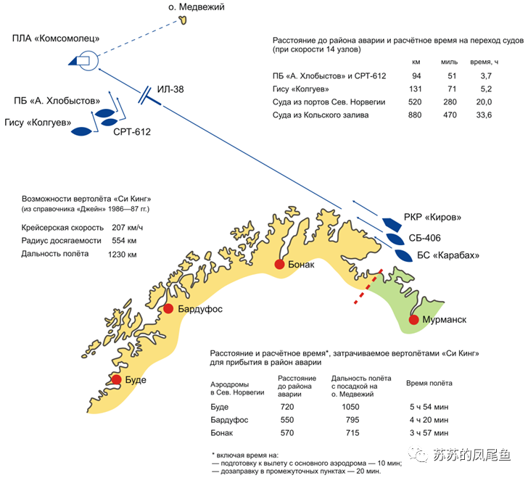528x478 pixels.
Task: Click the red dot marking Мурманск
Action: click(413, 319)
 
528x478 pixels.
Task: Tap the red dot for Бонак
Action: click(279, 264)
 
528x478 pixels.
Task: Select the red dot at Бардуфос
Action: click(168, 308)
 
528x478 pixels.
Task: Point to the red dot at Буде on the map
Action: click(116, 379)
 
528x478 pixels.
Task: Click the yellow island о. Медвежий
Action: click(183, 20)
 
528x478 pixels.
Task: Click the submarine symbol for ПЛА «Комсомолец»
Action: click(84, 61)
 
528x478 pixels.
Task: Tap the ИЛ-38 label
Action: click(170, 89)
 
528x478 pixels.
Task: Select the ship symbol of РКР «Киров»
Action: click(392, 224)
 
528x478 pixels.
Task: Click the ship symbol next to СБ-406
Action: click(395, 239)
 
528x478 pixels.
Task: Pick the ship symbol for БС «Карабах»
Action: click(403, 255)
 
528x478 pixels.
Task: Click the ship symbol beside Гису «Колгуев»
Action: click(81, 131)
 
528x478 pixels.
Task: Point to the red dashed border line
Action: click(368, 287)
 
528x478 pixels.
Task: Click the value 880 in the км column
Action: click(415, 115)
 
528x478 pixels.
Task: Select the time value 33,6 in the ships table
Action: click(484, 115)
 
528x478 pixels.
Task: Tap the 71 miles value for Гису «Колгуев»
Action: click(452, 89)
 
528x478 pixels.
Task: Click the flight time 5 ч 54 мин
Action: click(429, 407)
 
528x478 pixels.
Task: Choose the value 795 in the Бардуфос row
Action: click(352, 420)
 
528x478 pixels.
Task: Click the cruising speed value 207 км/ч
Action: click(128, 228)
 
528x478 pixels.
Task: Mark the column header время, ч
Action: click(484, 62)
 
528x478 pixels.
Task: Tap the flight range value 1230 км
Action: click(123, 255)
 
